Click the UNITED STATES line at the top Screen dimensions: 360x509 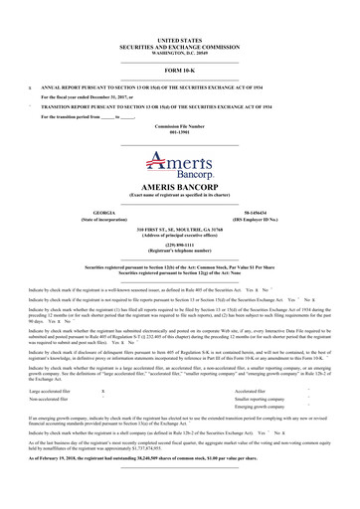[x=180, y=35]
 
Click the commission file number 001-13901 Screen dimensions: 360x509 [x=180, y=135]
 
